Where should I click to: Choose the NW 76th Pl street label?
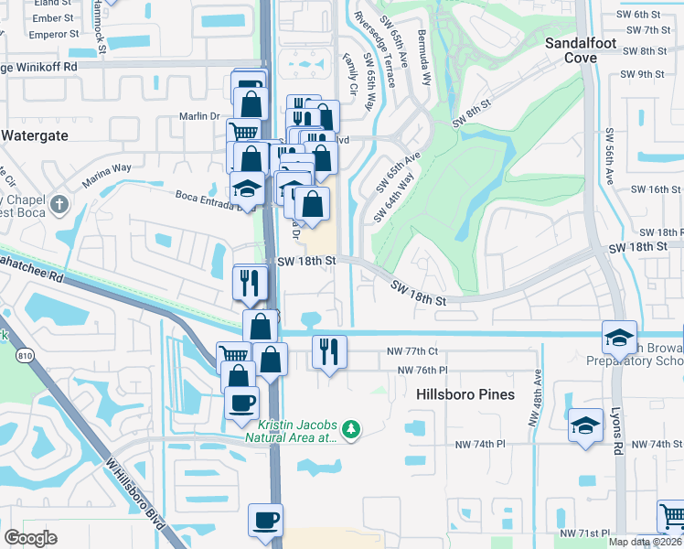click(x=422, y=370)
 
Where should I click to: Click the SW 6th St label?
click(x=638, y=15)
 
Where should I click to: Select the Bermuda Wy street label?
click(x=424, y=62)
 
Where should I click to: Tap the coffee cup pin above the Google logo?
click(x=265, y=521)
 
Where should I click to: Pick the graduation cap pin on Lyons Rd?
click(x=619, y=337)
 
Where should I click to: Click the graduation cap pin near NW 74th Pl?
click(x=585, y=425)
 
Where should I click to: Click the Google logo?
click(x=31, y=538)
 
